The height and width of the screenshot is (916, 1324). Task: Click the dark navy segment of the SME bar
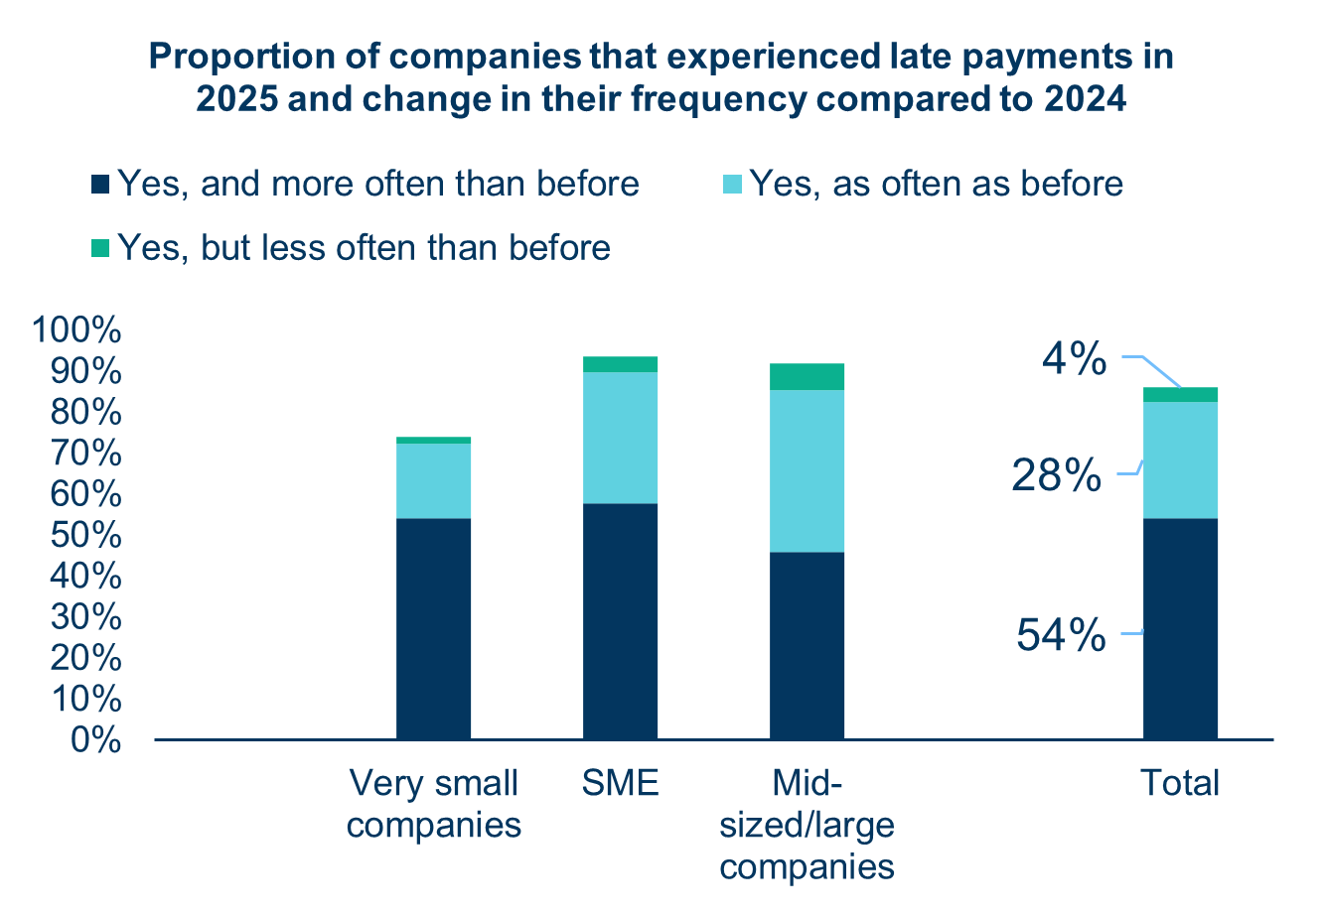pyautogui.click(x=620, y=621)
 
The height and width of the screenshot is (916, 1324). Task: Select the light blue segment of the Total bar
pyautogui.click(x=1180, y=459)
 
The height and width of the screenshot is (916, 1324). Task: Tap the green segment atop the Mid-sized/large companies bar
pyautogui.click(x=807, y=376)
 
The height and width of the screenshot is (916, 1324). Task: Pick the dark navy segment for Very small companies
pyautogui.click(x=433, y=628)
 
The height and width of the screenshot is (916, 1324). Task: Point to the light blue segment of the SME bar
pyautogui.click(x=620, y=438)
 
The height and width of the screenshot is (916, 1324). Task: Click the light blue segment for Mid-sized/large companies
pyautogui.click(x=807, y=470)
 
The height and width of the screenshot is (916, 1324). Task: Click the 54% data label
pyautogui.click(x=1060, y=635)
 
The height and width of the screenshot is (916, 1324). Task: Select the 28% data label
pyautogui.click(x=1056, y=477)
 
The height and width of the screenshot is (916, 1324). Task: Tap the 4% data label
pyautogui.click(x=1073, y=359)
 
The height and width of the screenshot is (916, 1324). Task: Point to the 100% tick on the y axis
pyautogui.click(x=76, y=330)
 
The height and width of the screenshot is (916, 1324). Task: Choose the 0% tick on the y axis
pyautogui.click(x=95, y=740)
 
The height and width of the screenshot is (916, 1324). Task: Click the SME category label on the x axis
pyautogui.click(x=621, y=784)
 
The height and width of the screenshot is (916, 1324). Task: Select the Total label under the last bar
pyautogui.click(x=1179, y=784)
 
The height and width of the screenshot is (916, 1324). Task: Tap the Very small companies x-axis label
pyautogui.click(x=434, y=804)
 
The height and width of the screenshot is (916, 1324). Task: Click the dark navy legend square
pyautogui.click(x=100, y=185)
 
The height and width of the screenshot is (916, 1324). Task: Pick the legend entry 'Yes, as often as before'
pyautogui.click(x=935, y=184)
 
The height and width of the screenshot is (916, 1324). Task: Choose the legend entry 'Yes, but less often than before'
pyautogui.click(x=364, y=246)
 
